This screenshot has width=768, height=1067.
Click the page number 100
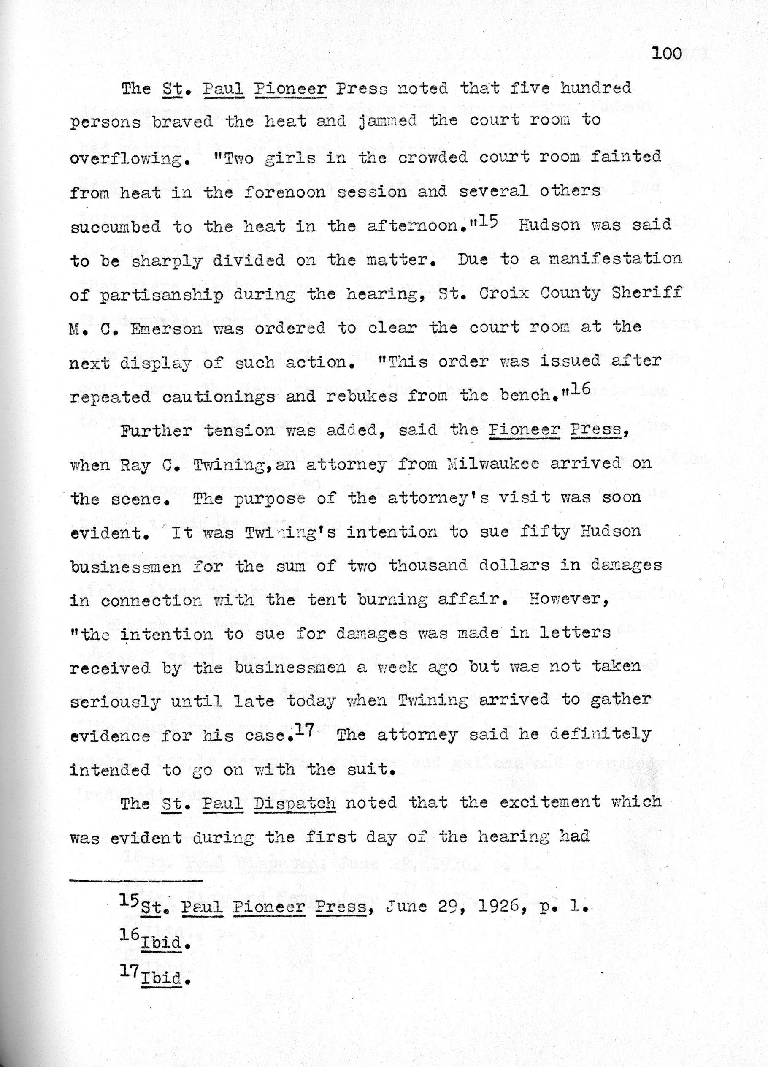click(666, 53)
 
